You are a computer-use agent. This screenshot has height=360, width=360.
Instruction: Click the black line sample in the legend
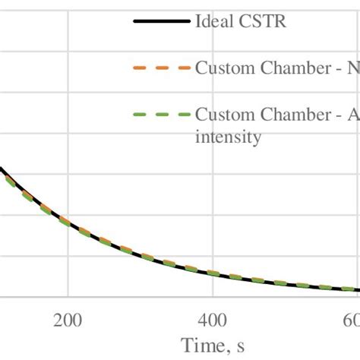point(160,21)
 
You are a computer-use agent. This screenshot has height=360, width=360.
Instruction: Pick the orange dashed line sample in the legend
point(160,68)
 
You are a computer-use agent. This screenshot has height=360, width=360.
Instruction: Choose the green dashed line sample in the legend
point(160,115)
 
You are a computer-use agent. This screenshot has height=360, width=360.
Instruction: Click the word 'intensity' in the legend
point(229,137)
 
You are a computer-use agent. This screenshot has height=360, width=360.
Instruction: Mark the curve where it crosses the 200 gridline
point(68,224)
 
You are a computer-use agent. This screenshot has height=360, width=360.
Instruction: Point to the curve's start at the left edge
point(2,171)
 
